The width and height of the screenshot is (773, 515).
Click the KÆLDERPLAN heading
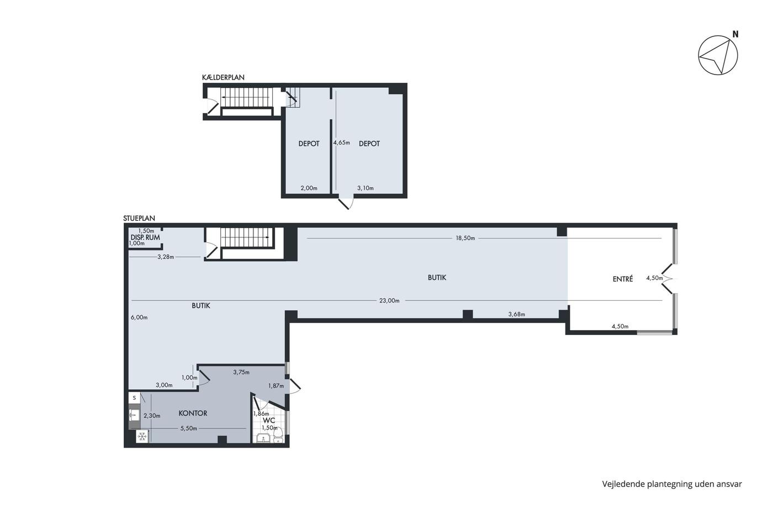(x=223, y=77)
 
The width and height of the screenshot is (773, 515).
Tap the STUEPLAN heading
(x=139, y=218)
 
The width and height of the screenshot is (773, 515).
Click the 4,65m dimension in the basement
(x=341, y=142)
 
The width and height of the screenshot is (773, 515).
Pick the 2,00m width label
(x=309, y=188)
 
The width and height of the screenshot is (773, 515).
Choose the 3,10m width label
(x=365, y=188)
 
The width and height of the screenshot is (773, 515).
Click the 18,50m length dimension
(x=465, y=238)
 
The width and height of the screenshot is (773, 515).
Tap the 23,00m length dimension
(x=389, y=300)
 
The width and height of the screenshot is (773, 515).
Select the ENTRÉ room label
(x=623, y=279)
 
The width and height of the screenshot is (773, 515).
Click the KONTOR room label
(x=193, y=413)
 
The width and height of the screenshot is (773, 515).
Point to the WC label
(x=269, y=420)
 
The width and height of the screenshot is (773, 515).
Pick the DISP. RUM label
(x=145, y=237)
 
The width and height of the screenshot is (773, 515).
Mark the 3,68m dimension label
(x=517, y=314)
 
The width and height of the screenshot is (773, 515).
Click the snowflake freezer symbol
(x=142, y=437)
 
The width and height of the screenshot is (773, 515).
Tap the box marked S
(x=134, y=398)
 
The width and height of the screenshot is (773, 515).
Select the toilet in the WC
(x=278, y=436)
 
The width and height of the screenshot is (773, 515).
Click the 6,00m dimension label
(x=139, y=317)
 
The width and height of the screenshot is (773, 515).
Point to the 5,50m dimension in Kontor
(x=189, y=428)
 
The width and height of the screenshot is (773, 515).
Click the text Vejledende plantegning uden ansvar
(x=672, y=484)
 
